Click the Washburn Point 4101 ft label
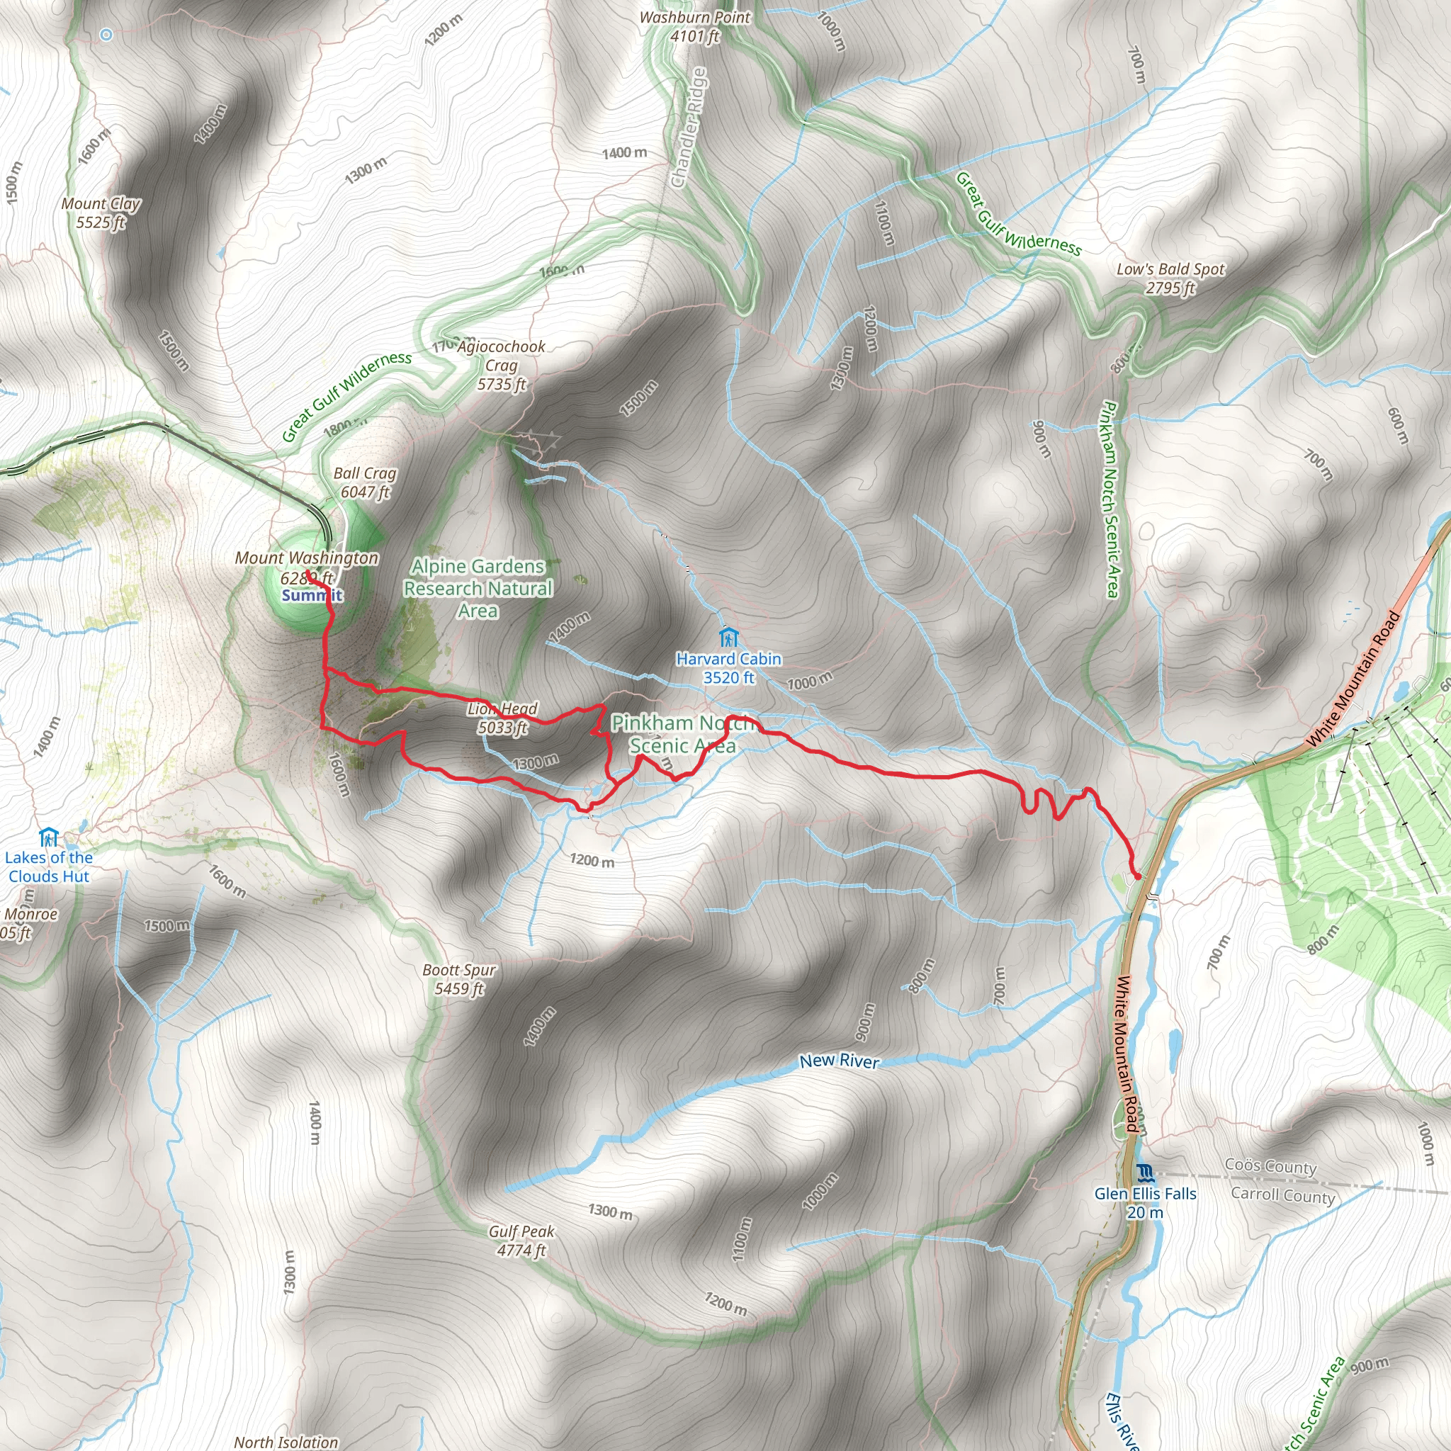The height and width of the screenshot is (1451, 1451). pos(695,26)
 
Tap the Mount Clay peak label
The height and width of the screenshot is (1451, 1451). pos(101,213)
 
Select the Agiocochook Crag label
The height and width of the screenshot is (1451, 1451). pos(501,365)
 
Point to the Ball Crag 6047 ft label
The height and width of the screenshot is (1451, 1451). pos(365,482)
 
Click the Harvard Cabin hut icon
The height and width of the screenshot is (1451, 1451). pos(727,638)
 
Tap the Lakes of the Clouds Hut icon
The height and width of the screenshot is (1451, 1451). pos(49,837)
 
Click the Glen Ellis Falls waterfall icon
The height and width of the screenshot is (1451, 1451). pos(1145,1173)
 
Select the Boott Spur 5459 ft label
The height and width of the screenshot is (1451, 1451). pos(459,979)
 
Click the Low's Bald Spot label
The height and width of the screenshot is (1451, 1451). pos(1170,278)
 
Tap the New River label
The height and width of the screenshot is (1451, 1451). pos(839,1061)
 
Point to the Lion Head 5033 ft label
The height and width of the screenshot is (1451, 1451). pos(502,717)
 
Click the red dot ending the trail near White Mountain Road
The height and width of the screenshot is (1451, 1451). pos(1137,876)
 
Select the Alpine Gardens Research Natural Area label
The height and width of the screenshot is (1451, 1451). pos(478,588)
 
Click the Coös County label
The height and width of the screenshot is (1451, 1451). pos(1270,1166)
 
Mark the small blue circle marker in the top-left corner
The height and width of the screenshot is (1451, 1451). pos(107,35)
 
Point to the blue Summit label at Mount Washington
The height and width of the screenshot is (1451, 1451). pos(312,596)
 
